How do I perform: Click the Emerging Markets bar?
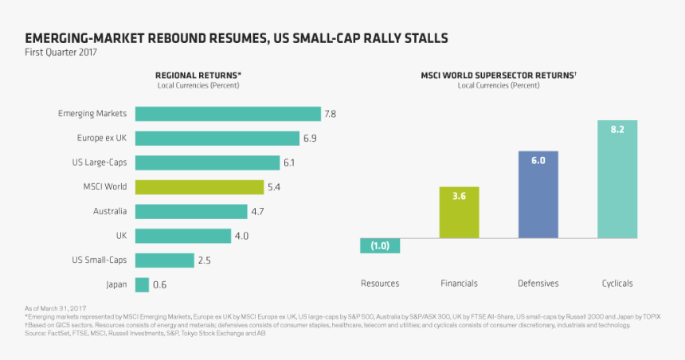[x=228, y=114]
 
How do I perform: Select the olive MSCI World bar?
[x=199, y=187]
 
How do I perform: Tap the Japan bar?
[x=142, y=284]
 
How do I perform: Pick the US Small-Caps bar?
[x=165, y=260]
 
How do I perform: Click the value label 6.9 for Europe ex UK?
[x=310, y=139]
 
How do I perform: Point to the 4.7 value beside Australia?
[x=258, y=212]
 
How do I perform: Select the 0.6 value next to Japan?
[x=159, y=284]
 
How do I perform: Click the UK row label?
[x=121, y=236]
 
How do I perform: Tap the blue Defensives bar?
[x=538, y=194]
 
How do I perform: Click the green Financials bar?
[x=459, y=213]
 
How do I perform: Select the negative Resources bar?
[x=380, y=245]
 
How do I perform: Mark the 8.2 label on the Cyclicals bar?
[x=616, y=129]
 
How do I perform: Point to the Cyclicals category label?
[x=617, y=284]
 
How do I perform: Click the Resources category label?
[x=380, y=284]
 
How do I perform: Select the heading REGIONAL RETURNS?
[x=198, y=76]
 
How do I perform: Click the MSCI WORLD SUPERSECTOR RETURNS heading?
[x=499, y=76]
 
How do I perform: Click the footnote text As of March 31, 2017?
[x=57, y=307]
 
